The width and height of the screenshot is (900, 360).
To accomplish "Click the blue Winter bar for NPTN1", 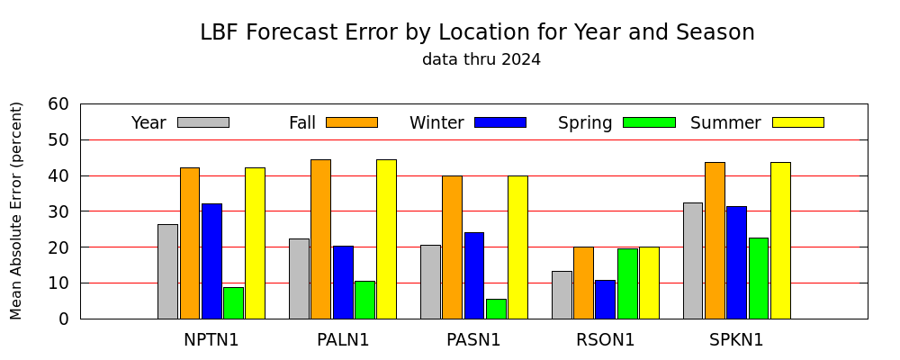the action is [211, 261].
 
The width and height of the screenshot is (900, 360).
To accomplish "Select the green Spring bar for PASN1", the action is [496, 309].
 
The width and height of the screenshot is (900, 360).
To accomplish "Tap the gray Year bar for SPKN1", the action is [693, 261].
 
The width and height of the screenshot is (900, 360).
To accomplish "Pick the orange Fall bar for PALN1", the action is [321, 239].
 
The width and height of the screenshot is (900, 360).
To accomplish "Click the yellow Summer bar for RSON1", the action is [649, 283].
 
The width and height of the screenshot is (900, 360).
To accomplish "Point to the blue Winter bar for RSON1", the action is [605, 300].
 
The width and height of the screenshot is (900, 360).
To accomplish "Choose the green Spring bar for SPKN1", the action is [758, 278].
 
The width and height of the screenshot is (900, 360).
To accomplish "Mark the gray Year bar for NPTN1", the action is [167, 272].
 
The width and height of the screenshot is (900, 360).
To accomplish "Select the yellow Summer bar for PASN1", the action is [517, 247].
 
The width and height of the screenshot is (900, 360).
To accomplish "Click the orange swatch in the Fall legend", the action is [352, 122].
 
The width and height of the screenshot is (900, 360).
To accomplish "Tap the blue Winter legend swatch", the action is [500, 122].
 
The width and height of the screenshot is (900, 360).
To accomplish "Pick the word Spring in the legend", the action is [585, 123].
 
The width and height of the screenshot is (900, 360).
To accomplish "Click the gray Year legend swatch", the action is [203, 122].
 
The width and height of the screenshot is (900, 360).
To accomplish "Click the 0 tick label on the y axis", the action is [63, 319].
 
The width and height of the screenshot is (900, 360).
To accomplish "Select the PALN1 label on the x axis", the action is [343, 340].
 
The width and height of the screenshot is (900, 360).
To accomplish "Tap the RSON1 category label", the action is [606, 340].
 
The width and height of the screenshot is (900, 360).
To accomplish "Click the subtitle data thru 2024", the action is [481, 59].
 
